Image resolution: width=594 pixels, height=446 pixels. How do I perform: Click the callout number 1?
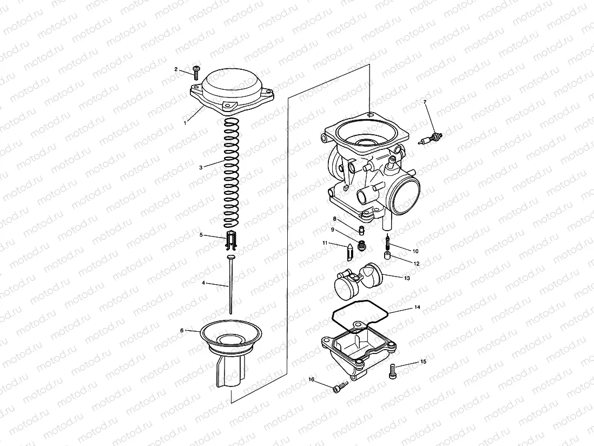pyautogui.click(x=185, y=123)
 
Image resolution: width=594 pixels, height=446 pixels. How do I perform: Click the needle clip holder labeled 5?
pyautogui.click(x=231, y=240)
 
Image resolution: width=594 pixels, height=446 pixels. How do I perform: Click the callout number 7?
pyautogui.click(x=425, y=102)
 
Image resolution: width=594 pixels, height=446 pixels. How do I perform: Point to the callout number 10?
pyautogui.click(x=415, y=251)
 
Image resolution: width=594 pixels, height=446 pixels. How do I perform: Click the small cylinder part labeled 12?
pyautogui.click(x=387, y=255)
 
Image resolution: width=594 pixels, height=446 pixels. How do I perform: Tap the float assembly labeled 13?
pyautogui.click(x=357, y=280)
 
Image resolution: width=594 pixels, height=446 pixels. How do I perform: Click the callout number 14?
pyautogui.click(x=417, y=307)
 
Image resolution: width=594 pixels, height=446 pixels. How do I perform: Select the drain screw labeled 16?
pyautogui.click(x=339, y=387)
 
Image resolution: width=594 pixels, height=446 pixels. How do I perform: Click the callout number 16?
pyautogui.click(x=312, y=378)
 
